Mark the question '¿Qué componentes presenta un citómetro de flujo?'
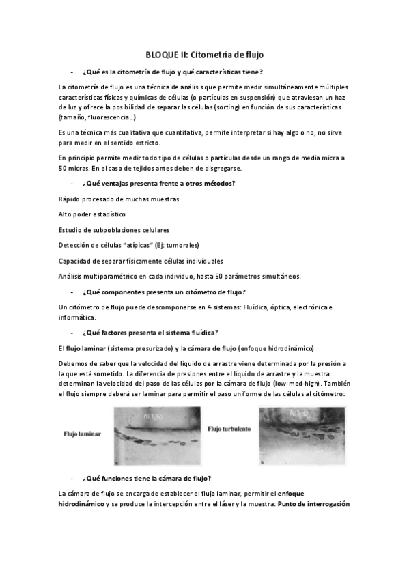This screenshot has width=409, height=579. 164,292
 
